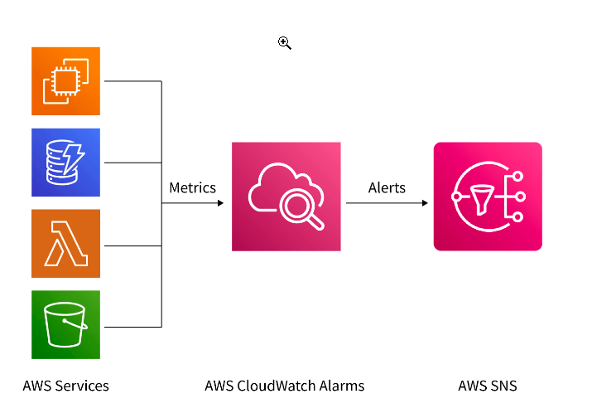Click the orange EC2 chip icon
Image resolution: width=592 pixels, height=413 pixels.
[x=65, y=81]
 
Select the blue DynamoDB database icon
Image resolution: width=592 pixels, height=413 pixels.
[x=65, y=163]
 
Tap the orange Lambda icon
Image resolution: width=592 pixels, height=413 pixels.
[x=65, y=244]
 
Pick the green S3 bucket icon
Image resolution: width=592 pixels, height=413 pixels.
[x=65, y=324]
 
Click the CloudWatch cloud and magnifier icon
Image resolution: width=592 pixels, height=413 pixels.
[x=286, y=197]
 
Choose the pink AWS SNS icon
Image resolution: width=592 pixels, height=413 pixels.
[x=488, y=197]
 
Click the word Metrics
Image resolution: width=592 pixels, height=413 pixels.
[x=192, y=187]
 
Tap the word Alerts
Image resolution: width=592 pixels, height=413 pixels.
[x=387, y=187]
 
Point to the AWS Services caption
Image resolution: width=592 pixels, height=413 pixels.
[x=65, y=386]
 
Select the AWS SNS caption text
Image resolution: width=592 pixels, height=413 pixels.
[x=488, y=386]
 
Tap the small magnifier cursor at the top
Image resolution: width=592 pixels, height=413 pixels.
[x=284, y=43]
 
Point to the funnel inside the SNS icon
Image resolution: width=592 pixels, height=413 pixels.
[x=483, y=197]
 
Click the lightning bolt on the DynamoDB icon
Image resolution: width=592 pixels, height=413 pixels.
[x=75, y=155]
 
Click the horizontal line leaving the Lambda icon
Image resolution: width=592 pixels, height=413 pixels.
[x=131, y=245]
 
